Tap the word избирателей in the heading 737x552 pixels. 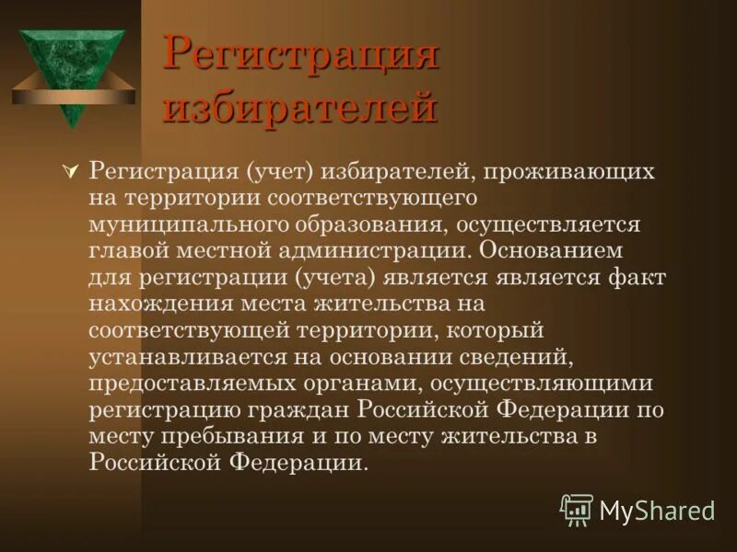coord(300,108)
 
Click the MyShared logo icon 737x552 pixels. coord(577,509)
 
